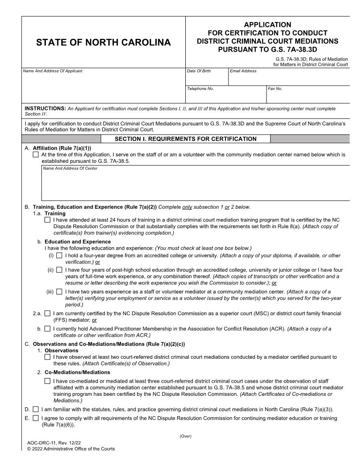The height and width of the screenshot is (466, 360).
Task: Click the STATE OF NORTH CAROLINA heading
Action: coord(103,43)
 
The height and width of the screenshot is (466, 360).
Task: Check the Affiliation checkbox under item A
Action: coord(36,155)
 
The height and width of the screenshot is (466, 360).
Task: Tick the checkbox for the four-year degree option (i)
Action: coord(59,256)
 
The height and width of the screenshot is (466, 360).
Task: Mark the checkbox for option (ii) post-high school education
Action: coord(59,270)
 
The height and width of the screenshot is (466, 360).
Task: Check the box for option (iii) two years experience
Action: coord(59,292)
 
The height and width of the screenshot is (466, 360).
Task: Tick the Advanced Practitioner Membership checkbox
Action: coord(48,328)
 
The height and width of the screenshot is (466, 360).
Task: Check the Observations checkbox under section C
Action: coord(48,357)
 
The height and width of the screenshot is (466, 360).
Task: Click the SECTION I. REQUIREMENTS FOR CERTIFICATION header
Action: coord(185,139)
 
